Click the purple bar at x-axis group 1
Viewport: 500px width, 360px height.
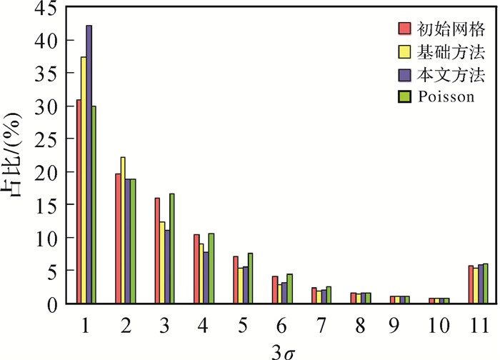[x=89, y=164]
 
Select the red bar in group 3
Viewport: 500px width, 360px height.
[x=157, y=251]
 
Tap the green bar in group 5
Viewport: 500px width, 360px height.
[x=250, y=279]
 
